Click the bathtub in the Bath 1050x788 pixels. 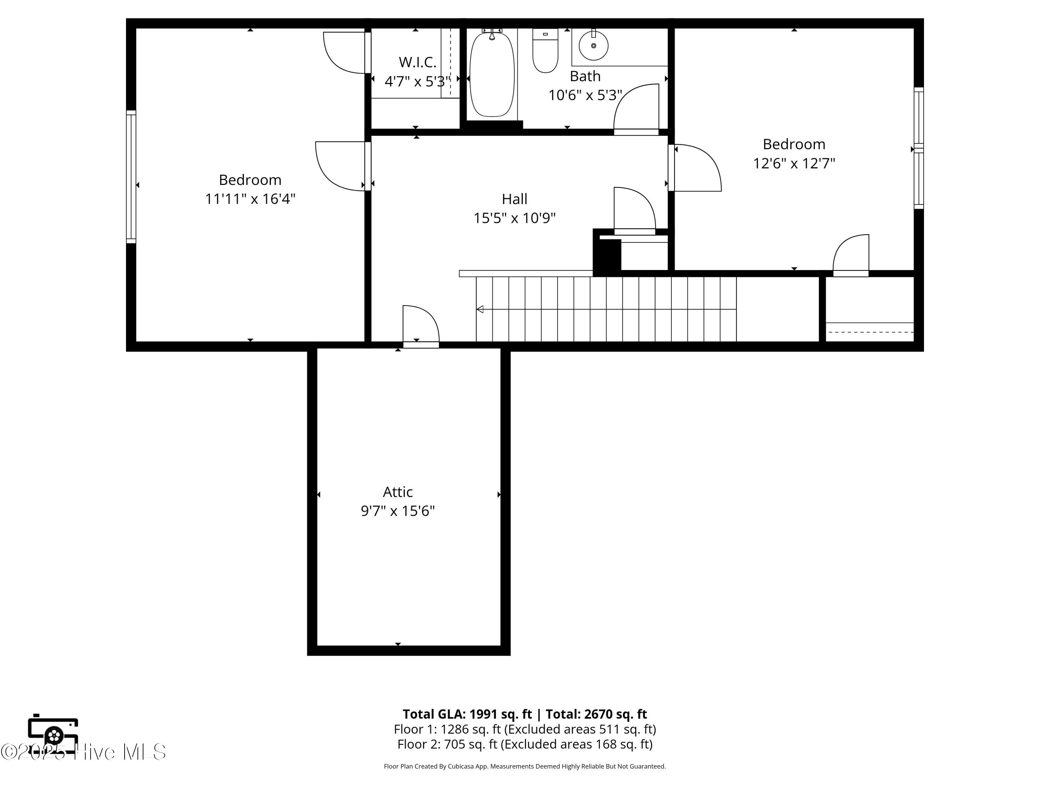[x=492, y=74]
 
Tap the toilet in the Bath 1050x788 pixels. [x=545, y=50]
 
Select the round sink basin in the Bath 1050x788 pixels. [x=593, y=46]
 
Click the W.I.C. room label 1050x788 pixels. [x=417, y=62]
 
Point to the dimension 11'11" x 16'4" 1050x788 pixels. [x=250, y=199]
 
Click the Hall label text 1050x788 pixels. [x=514, y=199]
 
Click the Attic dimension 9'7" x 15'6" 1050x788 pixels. [x=398, y=511]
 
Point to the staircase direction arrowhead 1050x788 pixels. [x=480, y=309]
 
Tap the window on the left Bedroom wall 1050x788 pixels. [x=131, y=177]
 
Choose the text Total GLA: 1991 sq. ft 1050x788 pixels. [x=467, y=714]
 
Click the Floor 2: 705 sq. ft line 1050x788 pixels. [x=525, y=744]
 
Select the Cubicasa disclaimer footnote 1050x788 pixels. [x=525, y=766]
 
